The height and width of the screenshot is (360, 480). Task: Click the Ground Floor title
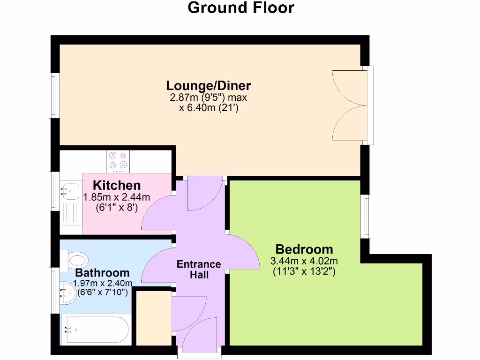tap(240, 8)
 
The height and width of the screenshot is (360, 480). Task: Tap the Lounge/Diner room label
tap(208, 86)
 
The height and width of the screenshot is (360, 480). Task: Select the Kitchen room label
tap(116, 185)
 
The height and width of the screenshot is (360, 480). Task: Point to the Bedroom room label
tap(304, 249)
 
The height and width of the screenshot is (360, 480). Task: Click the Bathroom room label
tap(102, 272)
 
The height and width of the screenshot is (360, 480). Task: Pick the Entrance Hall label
tap(198, 270)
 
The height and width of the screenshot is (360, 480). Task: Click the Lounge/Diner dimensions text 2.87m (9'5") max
tap(208, 98)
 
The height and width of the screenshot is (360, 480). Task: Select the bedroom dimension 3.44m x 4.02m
tap(304, 261)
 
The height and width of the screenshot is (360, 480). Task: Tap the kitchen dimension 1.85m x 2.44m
tap(116, 197)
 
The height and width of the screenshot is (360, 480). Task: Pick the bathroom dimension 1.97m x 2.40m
tap(102, 283)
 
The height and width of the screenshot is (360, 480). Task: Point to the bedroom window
tap(365, 216)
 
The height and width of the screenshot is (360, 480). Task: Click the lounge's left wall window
tap(55, 96)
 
